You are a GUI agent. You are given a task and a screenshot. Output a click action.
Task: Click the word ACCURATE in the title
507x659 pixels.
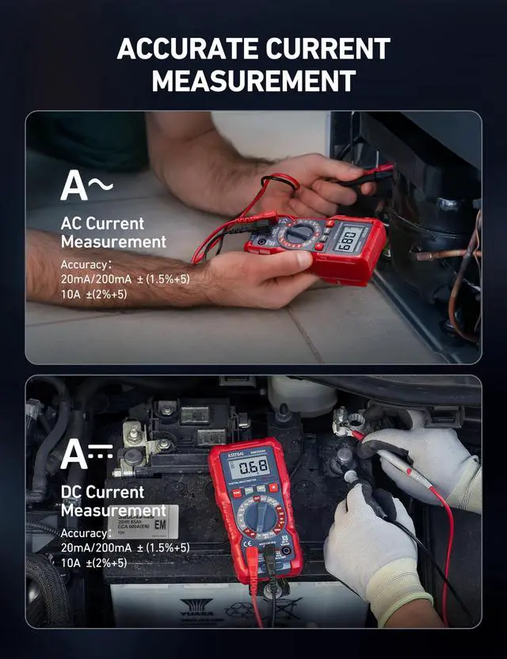(187, 49)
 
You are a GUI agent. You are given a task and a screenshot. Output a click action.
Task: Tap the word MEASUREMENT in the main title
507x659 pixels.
(253, 81)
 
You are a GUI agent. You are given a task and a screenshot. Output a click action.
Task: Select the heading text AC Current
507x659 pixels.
(102, 223)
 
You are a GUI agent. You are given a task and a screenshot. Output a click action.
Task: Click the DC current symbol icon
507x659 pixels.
(86, 454)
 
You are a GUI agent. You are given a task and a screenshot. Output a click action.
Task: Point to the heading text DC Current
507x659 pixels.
(102, 492)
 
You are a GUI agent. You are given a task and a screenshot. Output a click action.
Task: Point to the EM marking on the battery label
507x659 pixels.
(159, 524)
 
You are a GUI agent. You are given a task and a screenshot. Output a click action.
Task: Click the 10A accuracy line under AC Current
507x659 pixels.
(93, 294)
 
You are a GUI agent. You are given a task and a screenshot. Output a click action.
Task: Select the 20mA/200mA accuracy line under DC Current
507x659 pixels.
(124, 547)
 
